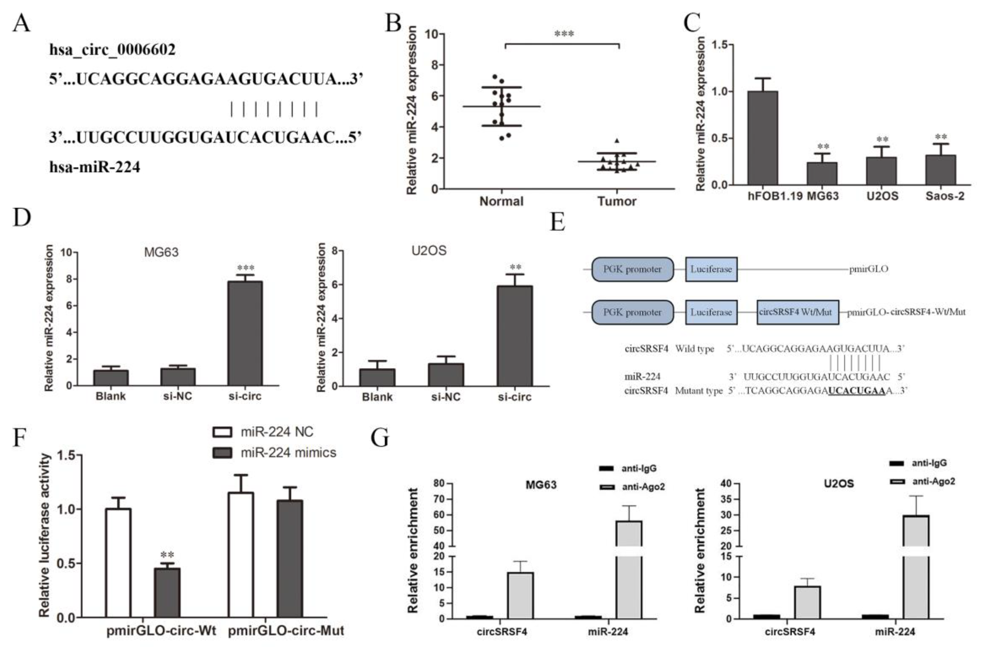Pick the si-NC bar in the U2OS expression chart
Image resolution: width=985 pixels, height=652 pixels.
pyautogui.click(x=446, y=374)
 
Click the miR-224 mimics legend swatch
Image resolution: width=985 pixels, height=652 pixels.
pyautogui.click(x=222, y=452)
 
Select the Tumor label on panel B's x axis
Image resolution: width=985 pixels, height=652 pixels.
pyautogui.click(x=617, y=201)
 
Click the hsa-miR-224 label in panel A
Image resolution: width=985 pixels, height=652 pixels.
pyautogui.click(x=95, y=167)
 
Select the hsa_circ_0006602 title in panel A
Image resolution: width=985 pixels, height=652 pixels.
pyautogui.click(x=112, y=50)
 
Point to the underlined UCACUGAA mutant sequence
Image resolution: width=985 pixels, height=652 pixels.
pyautogui.click(x=856, y=391)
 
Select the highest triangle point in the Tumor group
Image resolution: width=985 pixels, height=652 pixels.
pyautogui.click(x=617, y=141)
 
